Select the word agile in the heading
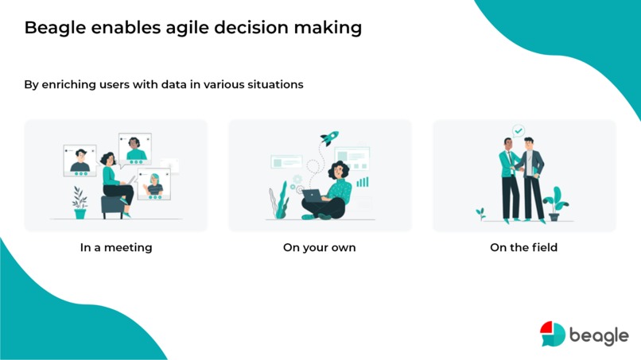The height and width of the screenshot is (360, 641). (175, 28)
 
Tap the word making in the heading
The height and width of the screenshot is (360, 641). (329, 28)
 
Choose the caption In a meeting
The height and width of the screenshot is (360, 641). (116, 247)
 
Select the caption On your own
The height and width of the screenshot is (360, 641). (320, 247)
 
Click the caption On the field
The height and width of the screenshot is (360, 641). (523, 247)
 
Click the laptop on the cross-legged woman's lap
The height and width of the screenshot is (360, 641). (312, 196)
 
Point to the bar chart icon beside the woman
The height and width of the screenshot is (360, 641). (363, 182)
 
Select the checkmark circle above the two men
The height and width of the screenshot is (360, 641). (519, 130)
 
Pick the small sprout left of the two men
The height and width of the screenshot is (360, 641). (480, 214)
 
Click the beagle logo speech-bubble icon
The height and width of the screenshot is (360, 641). (552, 334)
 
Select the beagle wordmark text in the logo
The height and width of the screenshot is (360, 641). (599, 335)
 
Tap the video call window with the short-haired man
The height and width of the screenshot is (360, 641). (80, 160)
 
